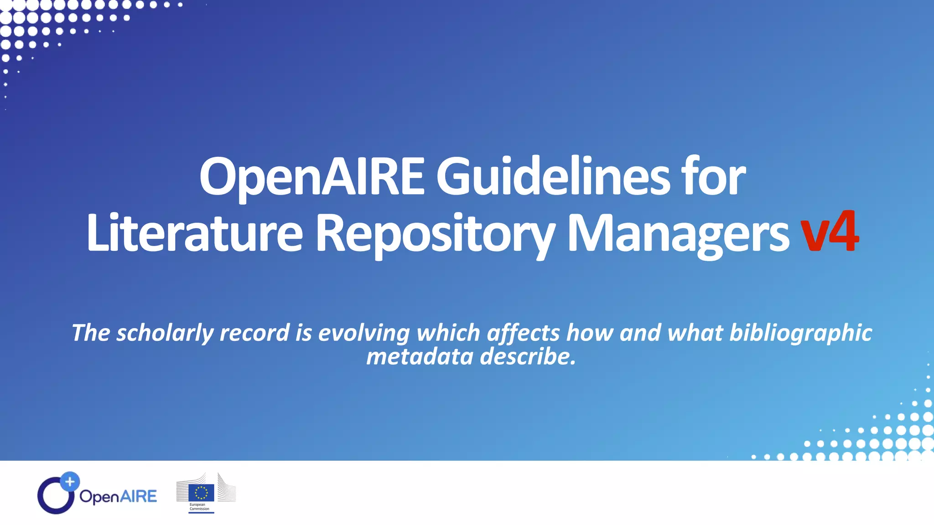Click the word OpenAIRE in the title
(312, 177)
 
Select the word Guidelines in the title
(553, 177)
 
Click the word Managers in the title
(678, 233)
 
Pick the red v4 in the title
(830, 232)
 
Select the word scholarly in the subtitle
(165, 333)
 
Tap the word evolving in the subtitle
(364, 333)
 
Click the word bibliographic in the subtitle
(800, 333)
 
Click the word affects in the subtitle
(523, 333)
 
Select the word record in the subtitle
(254, 333)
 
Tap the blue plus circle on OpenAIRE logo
(70, 481)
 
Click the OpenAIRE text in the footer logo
(118, 496)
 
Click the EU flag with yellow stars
(201, 493)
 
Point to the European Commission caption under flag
(199, 507)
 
